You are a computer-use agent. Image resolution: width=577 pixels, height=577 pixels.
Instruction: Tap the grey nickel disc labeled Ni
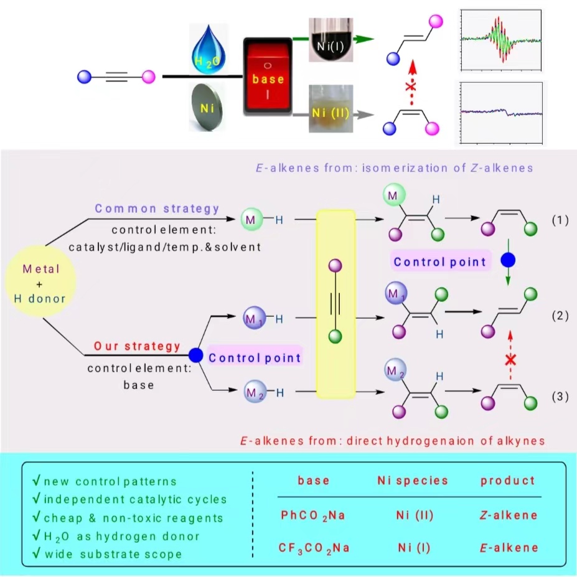[x=209, y=108]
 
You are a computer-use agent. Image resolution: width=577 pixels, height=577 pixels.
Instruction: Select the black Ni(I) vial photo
[x=331, y=39]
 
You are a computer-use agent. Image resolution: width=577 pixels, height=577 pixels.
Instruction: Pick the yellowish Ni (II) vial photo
[x=331, y=110]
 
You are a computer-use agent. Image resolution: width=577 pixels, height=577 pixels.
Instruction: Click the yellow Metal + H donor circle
[x=40, y=283]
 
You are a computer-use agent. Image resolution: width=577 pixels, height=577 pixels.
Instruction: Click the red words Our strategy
[x=137, y=346]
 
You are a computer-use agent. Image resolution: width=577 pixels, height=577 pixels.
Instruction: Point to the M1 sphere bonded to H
[x=253, y=317]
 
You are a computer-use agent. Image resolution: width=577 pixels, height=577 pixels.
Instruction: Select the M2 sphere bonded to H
[x=253, y=392]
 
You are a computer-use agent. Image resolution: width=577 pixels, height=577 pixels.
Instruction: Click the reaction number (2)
[x=561, y=316]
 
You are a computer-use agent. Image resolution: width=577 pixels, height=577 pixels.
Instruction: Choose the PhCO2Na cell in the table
[x=313, y=515]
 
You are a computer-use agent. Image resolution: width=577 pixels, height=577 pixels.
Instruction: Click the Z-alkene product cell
[x=507, y=515]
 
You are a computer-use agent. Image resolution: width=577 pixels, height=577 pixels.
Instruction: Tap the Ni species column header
[x=413, y=481]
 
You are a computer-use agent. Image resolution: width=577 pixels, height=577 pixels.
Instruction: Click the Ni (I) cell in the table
[x=413, y=548]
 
